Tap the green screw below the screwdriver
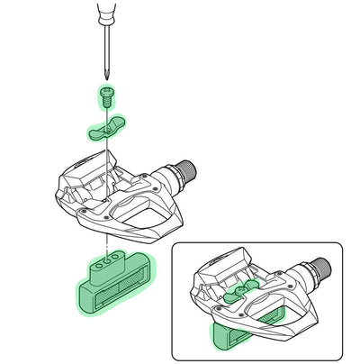tap(105, 95)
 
